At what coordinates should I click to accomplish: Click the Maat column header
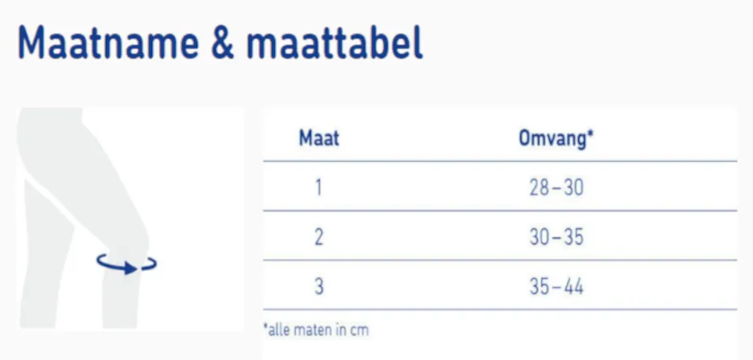(319, 138)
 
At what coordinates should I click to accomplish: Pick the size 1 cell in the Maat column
(319, 188)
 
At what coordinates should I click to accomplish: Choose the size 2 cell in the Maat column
(319, 238)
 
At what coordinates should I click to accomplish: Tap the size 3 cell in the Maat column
(319, 286)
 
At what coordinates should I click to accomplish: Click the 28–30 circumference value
(555, 188)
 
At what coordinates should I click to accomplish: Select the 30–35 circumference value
(555, 238)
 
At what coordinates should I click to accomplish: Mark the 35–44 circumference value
(555, 286)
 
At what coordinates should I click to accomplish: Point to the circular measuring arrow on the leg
(126, 264)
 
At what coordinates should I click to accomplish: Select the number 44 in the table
(572, 286)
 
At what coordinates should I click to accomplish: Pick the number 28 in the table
(538, 188)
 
